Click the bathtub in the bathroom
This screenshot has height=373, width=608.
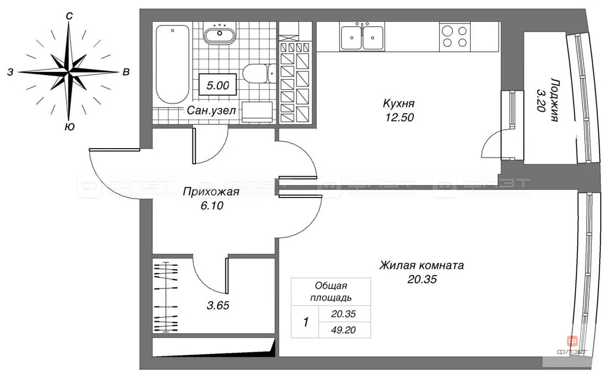pyautogui.click(x=172, y=64)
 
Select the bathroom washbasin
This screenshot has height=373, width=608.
pyautogui.click(x=219, y=33)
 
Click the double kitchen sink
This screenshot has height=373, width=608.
pyautogui.click(x=363, y=36)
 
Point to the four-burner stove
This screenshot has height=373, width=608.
pyautogui.click(x=455, y=36)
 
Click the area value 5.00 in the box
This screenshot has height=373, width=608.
pyautogui.click(x=218, y=85)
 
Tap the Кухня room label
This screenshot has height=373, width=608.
pyautogui.click(x=399, y=104)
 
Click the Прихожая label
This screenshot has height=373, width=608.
pyautogui.click(x=211, y=192)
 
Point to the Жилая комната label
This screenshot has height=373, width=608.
pyautogui.click(x=421, y=265)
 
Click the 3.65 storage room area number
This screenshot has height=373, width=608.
pyautogui.click(x=218, y=305)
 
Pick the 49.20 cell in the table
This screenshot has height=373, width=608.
pyautogui.click(x=344, y=330)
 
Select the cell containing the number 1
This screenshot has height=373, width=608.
pyautogui.click(x=305, y=322)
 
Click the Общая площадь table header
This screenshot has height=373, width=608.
pyautogui.click(x=331, y=292)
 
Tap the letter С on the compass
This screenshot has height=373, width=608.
pyautogui.click(x=69, y=15)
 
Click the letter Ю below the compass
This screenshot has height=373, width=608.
pyautogui.click(x=70, y=127)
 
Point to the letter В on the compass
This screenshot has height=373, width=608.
pyautogui.click(x=126, y=72)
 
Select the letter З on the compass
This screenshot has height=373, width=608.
pyautogui.click(x=11, y=72)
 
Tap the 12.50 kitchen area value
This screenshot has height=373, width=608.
pyautogui.click(x=399, y=117)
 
